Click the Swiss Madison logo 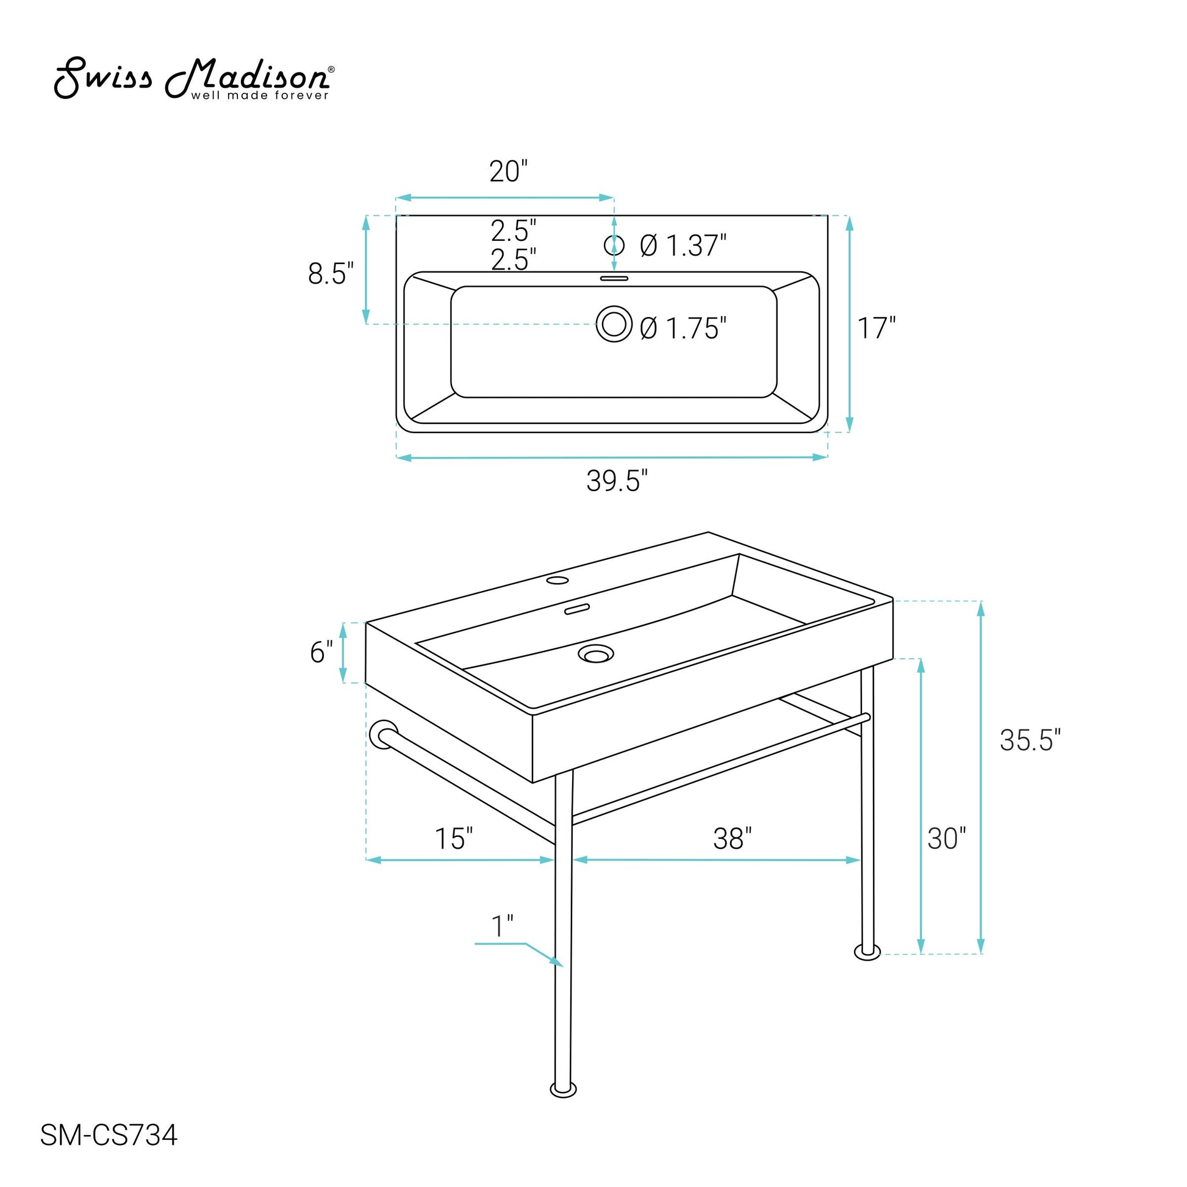point(194,79)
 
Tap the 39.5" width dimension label point(617,481)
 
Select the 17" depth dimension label point(877,328)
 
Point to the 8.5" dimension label point(331,273)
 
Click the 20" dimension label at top point(509,171)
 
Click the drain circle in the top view point(614,323)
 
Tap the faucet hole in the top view point(614,245)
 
